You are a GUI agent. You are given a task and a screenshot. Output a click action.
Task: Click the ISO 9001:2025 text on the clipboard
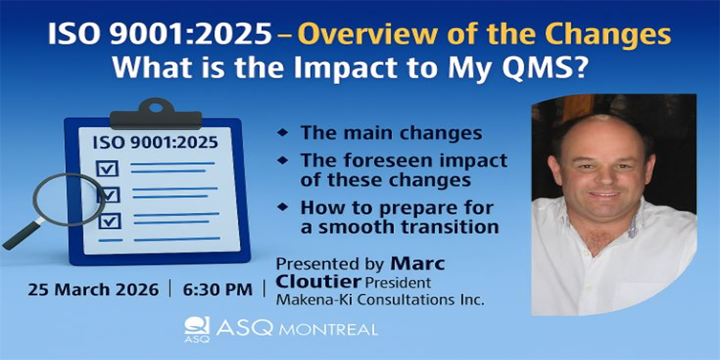[x=155, y=142]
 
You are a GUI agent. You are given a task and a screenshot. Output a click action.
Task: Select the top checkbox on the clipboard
[x=107, y=169]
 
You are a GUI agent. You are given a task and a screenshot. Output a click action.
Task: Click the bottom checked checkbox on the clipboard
[x=110, y=221]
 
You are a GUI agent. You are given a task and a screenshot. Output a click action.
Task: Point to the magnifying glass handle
[x=22, y=236]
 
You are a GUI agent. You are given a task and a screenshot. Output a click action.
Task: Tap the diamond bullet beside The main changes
[x=283, y=132]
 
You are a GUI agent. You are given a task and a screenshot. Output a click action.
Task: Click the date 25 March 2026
[x=93, y=290]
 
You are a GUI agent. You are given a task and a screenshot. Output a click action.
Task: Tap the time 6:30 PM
[x=218, y=290]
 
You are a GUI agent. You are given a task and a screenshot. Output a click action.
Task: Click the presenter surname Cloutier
[x=319, y=282]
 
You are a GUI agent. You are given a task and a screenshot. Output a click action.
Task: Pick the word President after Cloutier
[x=398, y=283]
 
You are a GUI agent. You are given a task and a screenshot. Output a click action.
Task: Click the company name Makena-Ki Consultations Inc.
[x=380, y=300]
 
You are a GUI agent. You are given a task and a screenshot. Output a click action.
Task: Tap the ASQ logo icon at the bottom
[x=197, y=329]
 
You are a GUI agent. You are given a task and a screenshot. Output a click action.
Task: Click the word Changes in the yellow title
[x=608, y=34]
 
